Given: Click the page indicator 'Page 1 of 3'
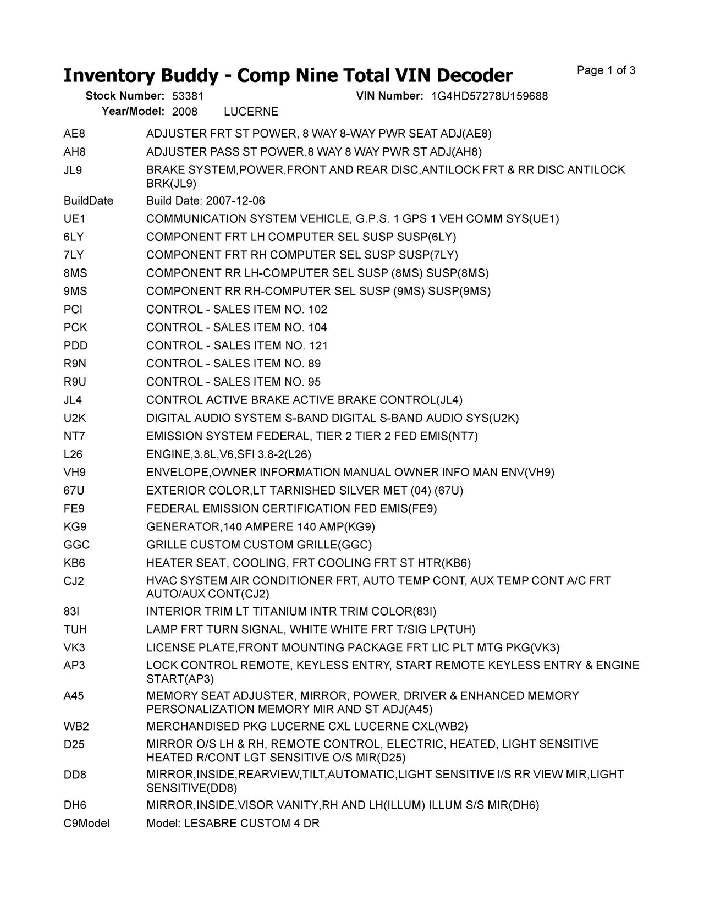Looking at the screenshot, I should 606,70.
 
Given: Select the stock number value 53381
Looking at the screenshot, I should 188,96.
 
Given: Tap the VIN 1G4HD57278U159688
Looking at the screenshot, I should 489,96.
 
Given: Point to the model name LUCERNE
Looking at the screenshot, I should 251,112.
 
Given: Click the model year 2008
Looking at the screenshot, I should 184,112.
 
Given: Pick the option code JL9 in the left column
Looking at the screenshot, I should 73,170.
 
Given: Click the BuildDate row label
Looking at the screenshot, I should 88,201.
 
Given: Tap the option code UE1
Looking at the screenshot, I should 74,219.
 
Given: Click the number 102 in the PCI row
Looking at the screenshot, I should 318,309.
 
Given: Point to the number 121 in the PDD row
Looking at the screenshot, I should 318,345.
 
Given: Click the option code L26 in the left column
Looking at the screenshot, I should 73,454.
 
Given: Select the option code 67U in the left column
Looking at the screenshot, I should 74,491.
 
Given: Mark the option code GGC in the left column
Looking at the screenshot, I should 76,545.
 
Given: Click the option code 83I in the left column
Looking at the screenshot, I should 71,611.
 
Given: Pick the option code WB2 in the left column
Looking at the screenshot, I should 76,727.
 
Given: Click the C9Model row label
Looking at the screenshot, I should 86,824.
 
